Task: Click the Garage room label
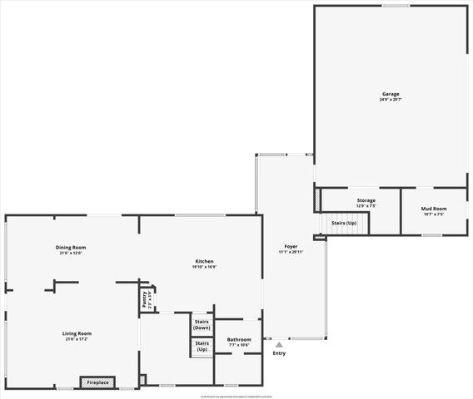(391, 94)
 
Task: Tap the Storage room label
(366, 200)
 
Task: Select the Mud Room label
(434, 208)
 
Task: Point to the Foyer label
(291, 246)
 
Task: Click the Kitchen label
(205, 261)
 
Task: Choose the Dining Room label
(72, 247)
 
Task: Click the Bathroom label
(239, 338)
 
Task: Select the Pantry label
(145, 299)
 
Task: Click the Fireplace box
(98, 382)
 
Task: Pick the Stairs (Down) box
(202, 325)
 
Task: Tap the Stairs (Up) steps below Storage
(344, 223)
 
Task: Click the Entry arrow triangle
(279, 345)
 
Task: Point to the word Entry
(279, 353)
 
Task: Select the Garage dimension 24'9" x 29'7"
(391, 100)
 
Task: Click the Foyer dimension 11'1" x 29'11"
(291, 252)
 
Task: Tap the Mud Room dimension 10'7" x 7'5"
(434, 214)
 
